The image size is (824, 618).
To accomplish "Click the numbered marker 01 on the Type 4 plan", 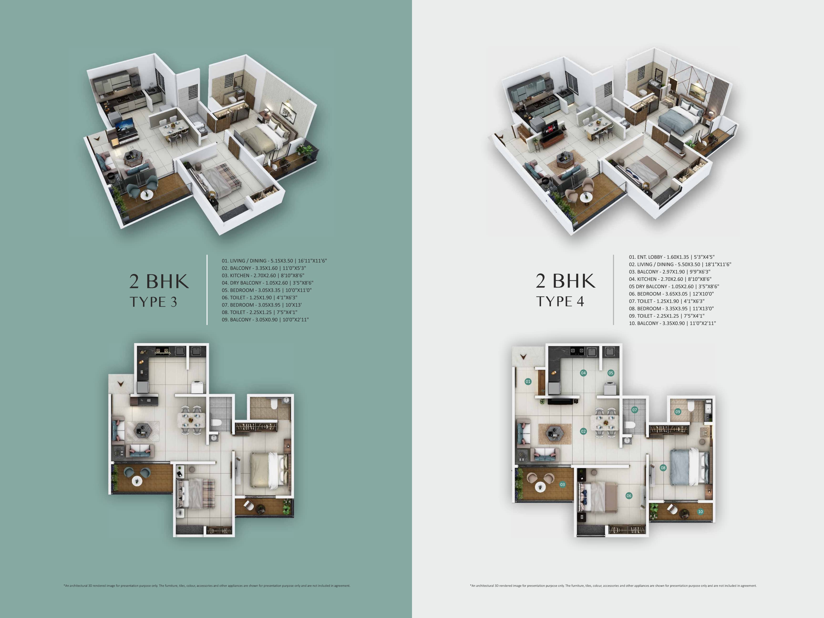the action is [528, 381].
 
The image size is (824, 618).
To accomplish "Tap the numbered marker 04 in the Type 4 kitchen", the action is [583, 373].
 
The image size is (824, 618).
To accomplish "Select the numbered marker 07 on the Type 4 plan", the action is [635, 410].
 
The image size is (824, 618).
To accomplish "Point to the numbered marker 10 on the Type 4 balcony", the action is [700, 511].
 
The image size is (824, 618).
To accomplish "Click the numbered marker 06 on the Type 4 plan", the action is [629, 495].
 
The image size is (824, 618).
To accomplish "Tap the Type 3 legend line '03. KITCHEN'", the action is [263, 276].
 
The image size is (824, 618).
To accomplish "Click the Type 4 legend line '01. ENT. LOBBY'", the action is [672, 257].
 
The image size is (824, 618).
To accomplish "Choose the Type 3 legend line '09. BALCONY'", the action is [265, 320].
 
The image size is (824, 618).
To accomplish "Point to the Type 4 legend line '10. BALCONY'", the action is [672, 323].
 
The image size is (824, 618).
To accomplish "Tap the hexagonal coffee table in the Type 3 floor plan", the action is [143, 431].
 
